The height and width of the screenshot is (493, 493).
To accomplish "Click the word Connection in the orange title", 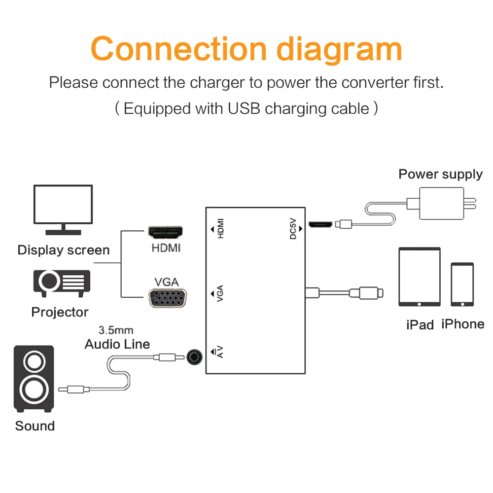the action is coord(179,49).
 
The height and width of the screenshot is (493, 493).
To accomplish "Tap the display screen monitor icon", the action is coord(63,210).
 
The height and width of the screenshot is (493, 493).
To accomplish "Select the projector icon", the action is coord(62,283).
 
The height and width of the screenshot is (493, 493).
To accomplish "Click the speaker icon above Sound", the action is coord(34,379).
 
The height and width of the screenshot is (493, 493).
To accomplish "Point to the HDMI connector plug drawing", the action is coord(165,232).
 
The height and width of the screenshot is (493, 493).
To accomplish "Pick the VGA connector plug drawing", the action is coord(168,298).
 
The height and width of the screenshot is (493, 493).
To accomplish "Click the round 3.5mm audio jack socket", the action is coord(194,357).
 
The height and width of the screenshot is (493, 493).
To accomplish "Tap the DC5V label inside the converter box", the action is coord(293,229).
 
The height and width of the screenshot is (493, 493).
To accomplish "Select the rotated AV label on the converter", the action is coord(220,352).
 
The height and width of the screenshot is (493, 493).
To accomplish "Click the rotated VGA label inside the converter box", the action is coord(220,293).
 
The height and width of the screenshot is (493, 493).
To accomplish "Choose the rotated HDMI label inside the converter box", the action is coord(221,229).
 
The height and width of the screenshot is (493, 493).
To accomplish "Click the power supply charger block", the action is coord(441,204).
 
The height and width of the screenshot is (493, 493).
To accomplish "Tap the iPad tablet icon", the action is coord(420,277).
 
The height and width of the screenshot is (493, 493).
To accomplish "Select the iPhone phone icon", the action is coord(462,284).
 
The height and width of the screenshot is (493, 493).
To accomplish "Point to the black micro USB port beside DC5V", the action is coord(320,224).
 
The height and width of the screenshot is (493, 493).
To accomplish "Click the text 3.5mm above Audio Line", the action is coord(116,330).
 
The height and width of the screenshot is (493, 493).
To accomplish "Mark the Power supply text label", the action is coord(440,175).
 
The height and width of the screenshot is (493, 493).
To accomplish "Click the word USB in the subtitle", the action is coord(244,108).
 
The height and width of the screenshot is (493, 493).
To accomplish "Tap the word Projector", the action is coord(60,312).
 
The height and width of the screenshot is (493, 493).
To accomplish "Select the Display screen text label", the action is coord(64,250).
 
